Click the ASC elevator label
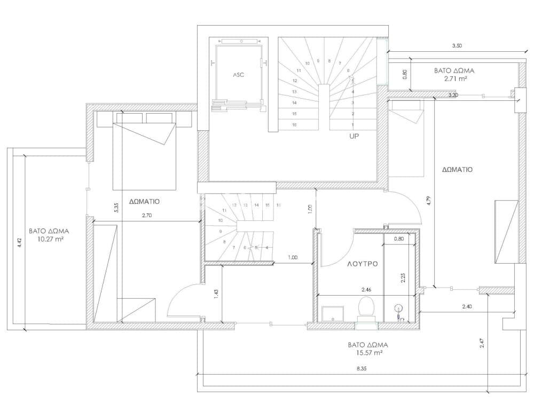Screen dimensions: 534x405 pyautogui.click(x=238, y=75)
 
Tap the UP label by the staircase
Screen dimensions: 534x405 pyautogui.click(x=354, y=136)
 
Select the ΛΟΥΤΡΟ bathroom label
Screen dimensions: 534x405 pyautogui.click(x=363, y=264)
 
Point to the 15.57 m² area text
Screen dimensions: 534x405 pyautogui.click(x=367, y=353)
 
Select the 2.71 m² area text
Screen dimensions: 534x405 pyautogui.click(x=454, y=78)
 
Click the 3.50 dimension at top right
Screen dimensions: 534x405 pyautogui.click(x=457, y=45)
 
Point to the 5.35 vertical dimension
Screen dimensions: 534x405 pyautogui.click(x=116, y=208)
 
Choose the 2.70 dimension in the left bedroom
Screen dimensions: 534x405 pyautogui.click(x=147, y=215)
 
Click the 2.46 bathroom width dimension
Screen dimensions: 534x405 pyautogui.click(x=366, y=290)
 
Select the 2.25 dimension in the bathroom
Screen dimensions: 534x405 pyautogui.click(x=403, y=277)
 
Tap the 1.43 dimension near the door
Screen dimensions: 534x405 pyautogui.click(x=216, y=295)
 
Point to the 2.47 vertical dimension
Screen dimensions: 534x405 pyautogui.click(x=482, y=343)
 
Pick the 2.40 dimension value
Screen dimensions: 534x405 pyautogui.click(x=467, y=306)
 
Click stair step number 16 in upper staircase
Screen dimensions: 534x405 pyautogui.click(x=294, y=125)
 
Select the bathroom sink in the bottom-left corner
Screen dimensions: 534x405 pyautogui.click(x=333, y=313)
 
